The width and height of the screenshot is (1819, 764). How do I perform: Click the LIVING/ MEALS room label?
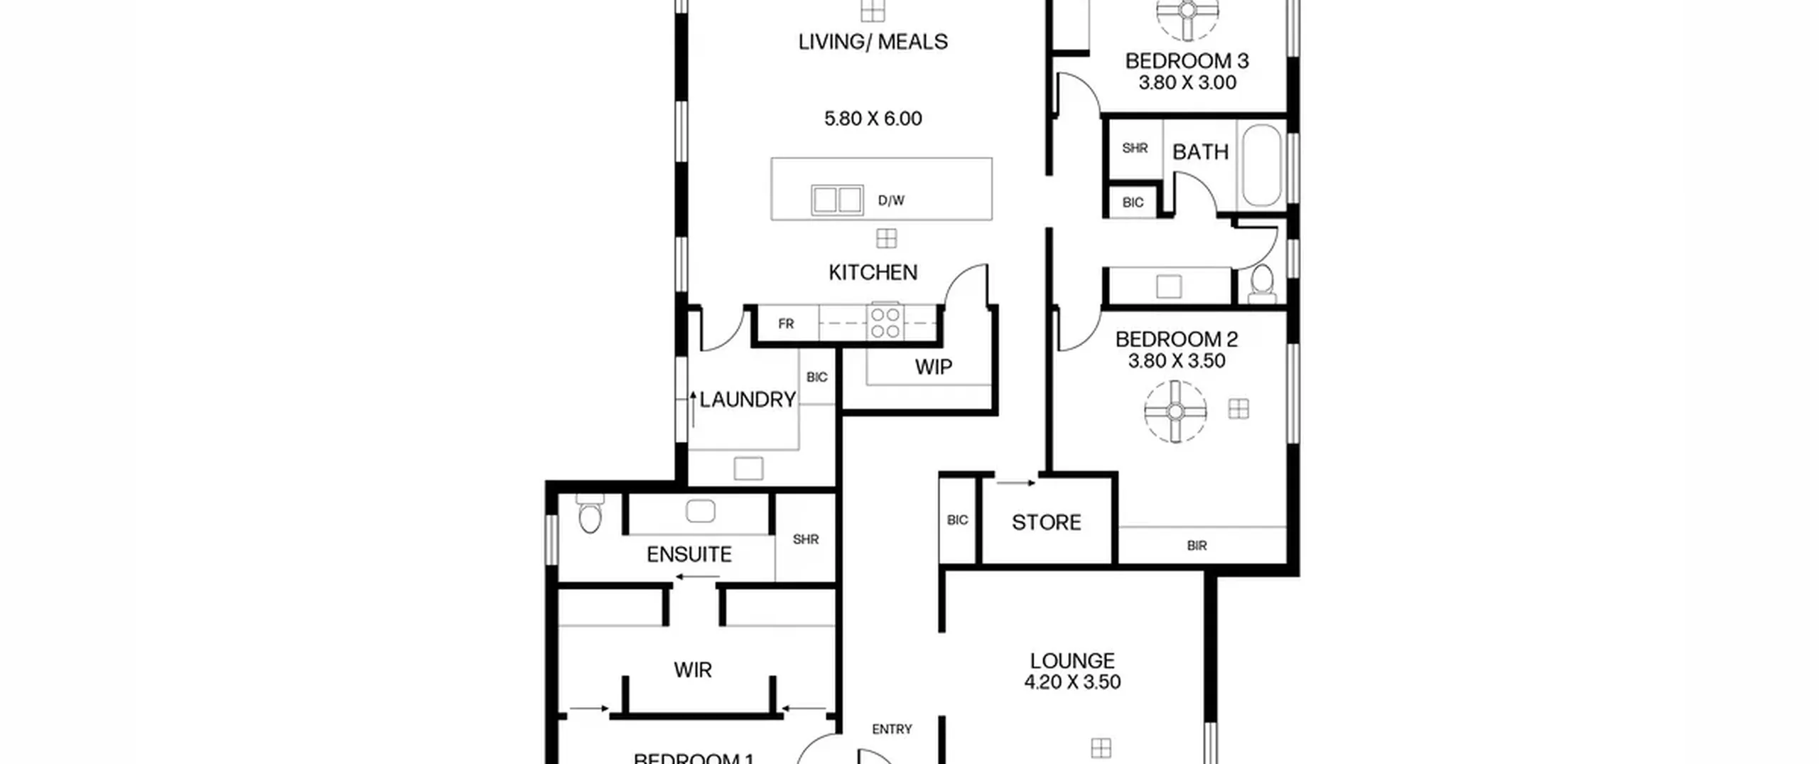[x=873, y=42]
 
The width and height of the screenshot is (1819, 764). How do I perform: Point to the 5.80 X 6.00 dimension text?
[x=873, y=119]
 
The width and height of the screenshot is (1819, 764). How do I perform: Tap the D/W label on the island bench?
[x=891, y=200]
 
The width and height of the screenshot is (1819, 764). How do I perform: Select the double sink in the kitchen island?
[x=838, y=200]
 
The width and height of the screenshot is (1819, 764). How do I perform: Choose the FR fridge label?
[x=786, y=324]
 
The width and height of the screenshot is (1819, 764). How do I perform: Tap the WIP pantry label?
[x=934, y=367]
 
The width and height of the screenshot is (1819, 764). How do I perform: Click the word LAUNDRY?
[x=747, y=399]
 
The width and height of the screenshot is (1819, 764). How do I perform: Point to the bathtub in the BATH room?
[x=1261, y=165]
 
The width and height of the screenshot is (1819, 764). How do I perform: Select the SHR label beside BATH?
[x=1135, y=148]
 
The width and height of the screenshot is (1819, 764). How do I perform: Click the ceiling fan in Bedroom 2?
[x=1175, y=411]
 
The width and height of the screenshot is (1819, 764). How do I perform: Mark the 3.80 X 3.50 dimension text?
[x=1177, y=361]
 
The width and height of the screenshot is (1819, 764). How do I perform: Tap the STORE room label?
[x=1047, y=522]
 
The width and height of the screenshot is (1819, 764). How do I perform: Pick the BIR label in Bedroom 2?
[x=1197, y=546]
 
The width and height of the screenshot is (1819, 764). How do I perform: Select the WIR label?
[x=693, y=669]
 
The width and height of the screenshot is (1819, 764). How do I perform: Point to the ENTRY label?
[x=892, y=729]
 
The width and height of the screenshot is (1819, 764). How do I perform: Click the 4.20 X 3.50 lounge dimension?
[x=1072, y=682]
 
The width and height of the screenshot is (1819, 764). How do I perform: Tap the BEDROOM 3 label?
[x=1187, y=61]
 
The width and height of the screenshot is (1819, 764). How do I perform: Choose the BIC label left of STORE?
[x=957, y=520]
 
